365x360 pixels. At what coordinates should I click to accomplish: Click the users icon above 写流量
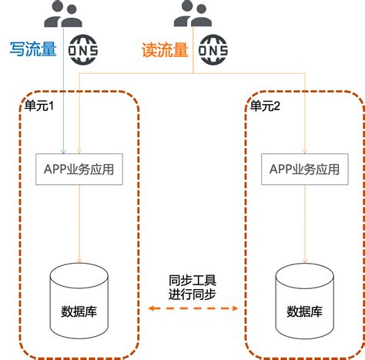(63, 14)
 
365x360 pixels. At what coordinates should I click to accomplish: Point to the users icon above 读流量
(193, 14)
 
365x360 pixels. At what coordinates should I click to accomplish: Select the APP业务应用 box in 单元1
(80, 169)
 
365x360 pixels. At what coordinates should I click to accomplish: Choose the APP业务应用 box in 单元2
(305, 169)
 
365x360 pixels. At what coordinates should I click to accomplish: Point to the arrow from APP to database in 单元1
(79, 224)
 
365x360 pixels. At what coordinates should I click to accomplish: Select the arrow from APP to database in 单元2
(305, 224)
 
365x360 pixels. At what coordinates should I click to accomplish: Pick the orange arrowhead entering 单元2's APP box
(305, 150)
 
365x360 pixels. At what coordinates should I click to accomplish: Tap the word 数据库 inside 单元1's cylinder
(79, 311)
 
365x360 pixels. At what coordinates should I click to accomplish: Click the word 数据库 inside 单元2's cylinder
(305, 311)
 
